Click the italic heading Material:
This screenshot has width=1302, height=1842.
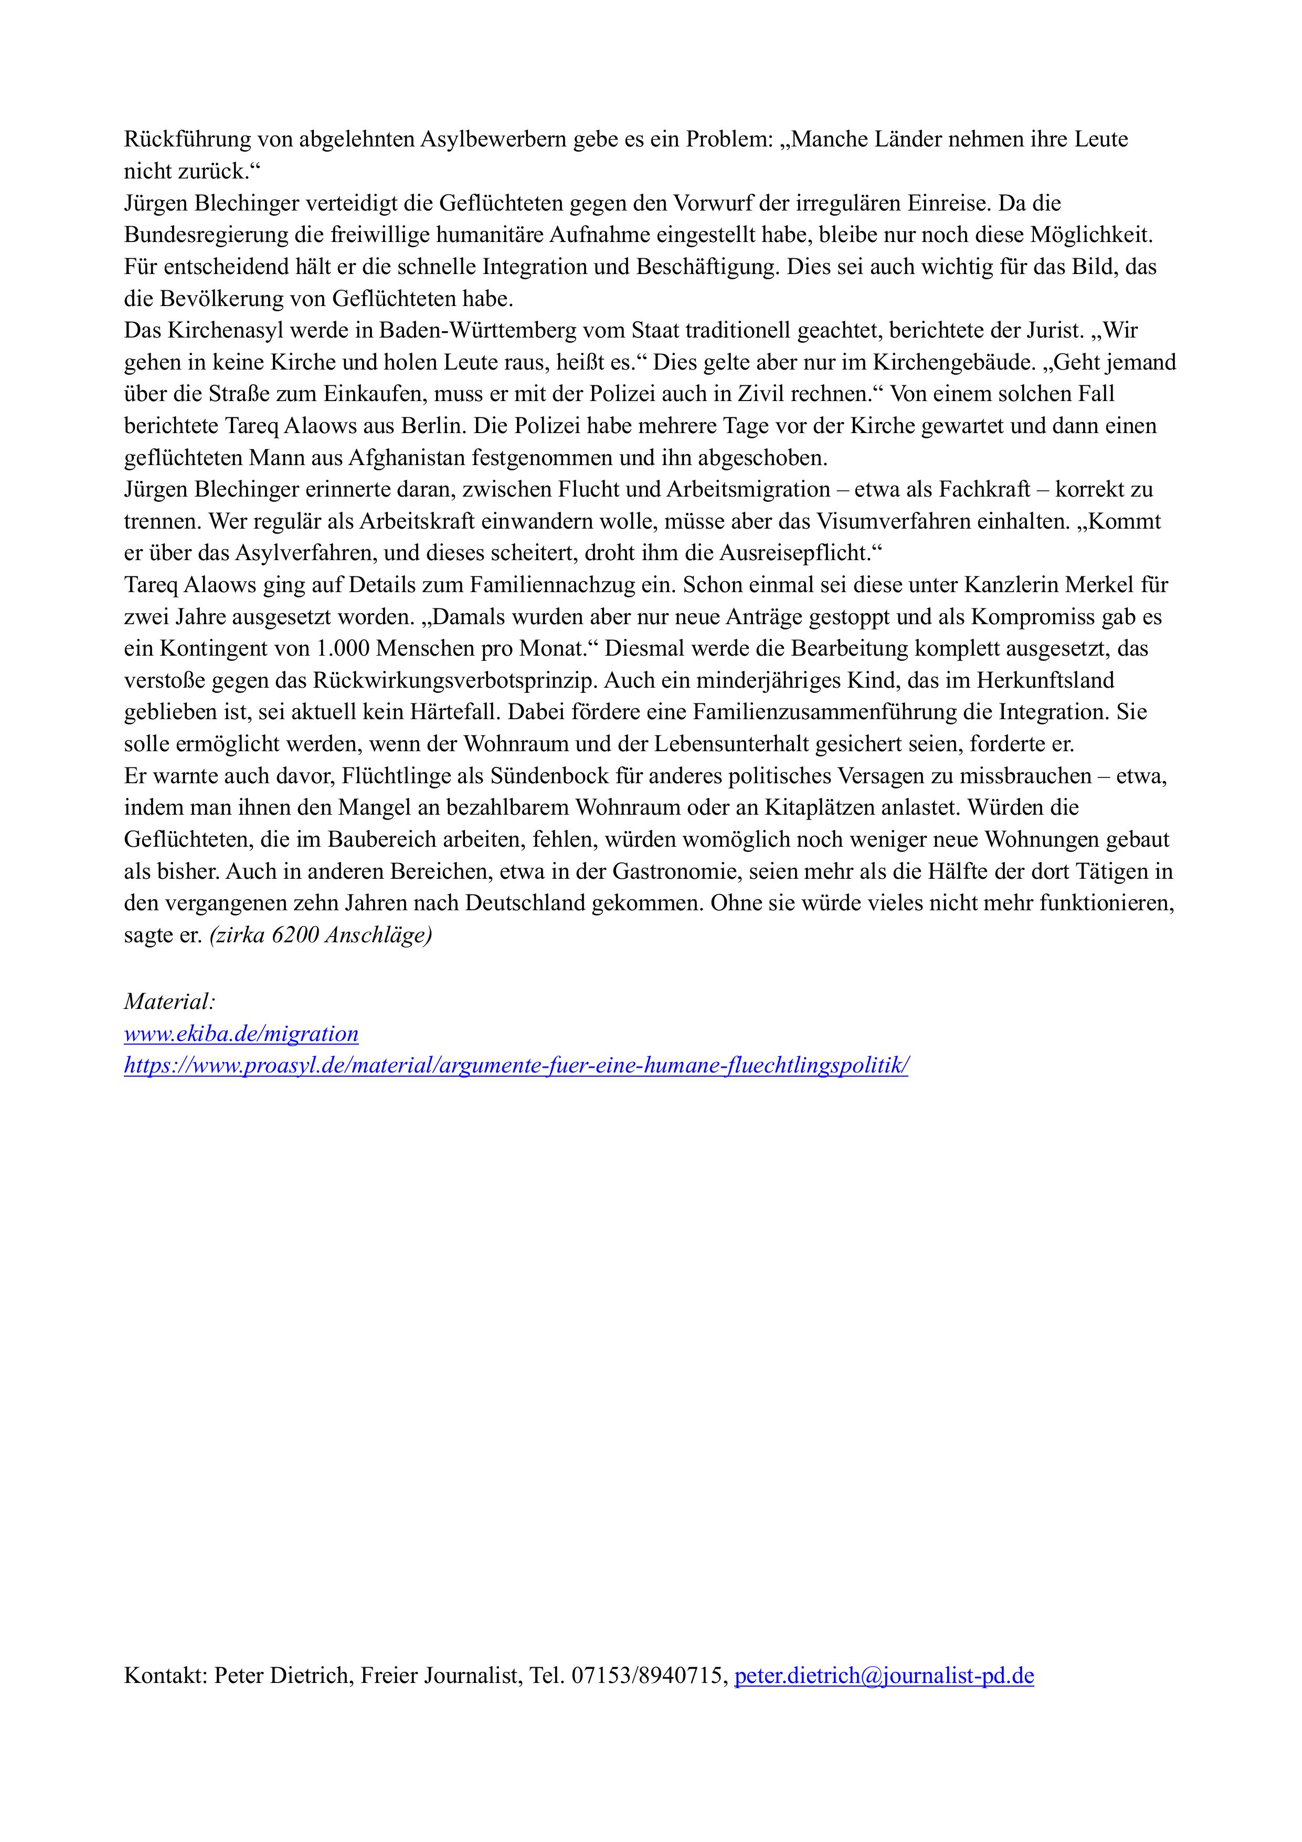pos(170,1002)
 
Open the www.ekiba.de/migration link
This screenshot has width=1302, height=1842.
pos(241,1034)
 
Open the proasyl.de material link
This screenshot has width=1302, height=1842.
pos(516,1066)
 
